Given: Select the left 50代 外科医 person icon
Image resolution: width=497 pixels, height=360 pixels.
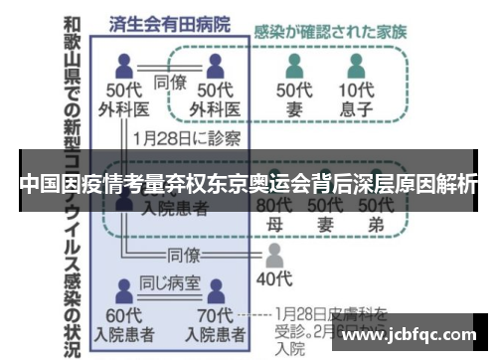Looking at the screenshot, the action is coord(124,67).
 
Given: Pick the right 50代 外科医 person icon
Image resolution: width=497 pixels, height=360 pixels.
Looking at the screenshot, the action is coord(216,67).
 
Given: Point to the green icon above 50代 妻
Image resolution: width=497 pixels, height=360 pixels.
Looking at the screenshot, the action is coord(295,67).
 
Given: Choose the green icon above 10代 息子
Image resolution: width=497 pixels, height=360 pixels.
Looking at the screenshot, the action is coord(358,67).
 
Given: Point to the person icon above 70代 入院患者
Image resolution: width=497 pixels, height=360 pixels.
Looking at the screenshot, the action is coord(215,290).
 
